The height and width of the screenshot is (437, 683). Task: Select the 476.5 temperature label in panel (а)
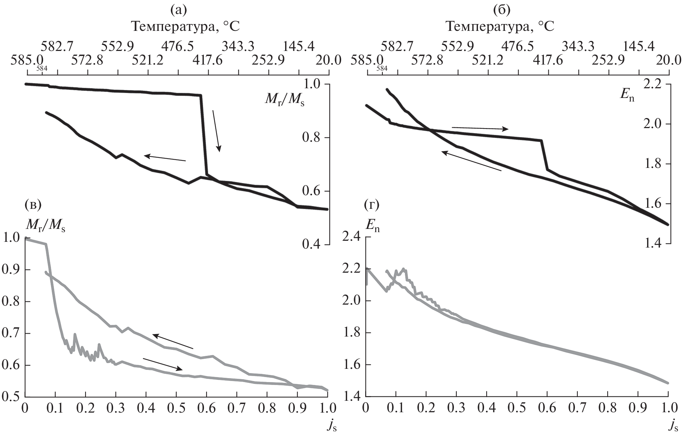177,46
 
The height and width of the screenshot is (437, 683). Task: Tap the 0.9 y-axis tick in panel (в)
11,270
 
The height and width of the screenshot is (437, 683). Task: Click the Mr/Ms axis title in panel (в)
45,225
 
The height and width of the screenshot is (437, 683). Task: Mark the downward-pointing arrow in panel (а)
217,131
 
